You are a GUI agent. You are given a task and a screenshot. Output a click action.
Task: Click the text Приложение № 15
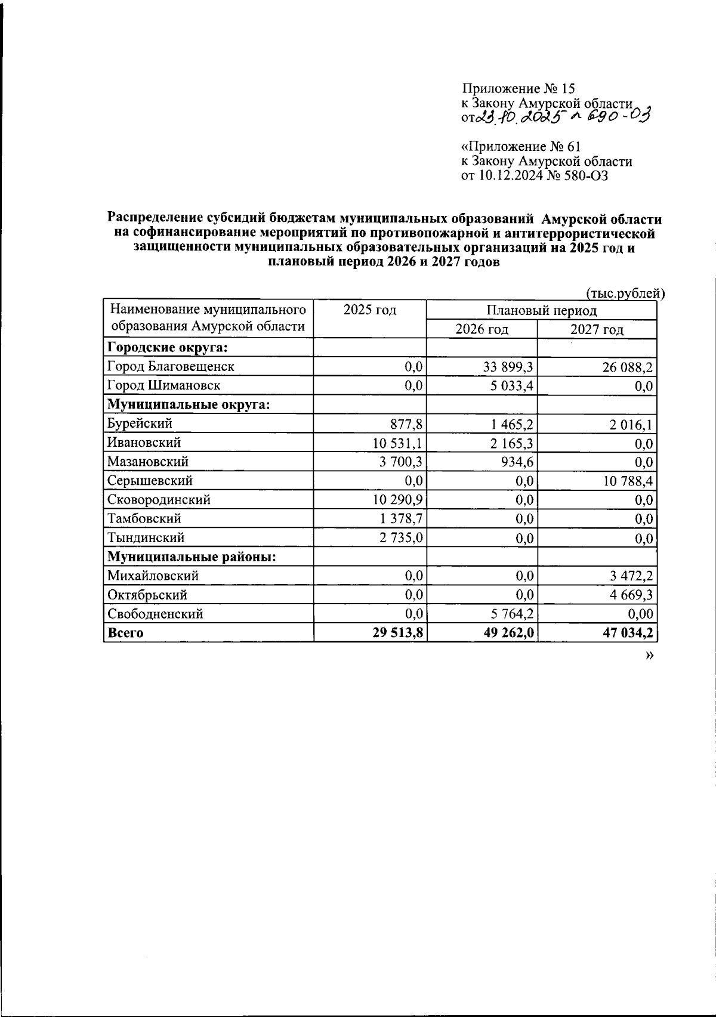[519, 89]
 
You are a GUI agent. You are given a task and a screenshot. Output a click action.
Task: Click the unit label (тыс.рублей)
[625, 293]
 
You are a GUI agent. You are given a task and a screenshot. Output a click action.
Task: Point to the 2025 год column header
[370, 310]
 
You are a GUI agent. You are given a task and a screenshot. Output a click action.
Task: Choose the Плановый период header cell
[541, 310]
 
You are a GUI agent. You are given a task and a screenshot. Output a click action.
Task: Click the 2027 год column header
[597, 329]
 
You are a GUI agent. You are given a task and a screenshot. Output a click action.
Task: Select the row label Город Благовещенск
[171, 366]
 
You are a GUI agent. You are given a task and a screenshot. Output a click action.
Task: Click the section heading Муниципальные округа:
[189, 404]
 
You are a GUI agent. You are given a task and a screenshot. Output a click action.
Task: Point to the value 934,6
[517, 462]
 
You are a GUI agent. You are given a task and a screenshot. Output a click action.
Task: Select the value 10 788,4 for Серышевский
[628, 481]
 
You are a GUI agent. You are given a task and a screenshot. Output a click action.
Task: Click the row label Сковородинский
[159, 500]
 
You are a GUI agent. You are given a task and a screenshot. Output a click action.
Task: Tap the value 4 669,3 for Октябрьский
[631, 595]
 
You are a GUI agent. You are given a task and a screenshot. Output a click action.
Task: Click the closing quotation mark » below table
[649, 656]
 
